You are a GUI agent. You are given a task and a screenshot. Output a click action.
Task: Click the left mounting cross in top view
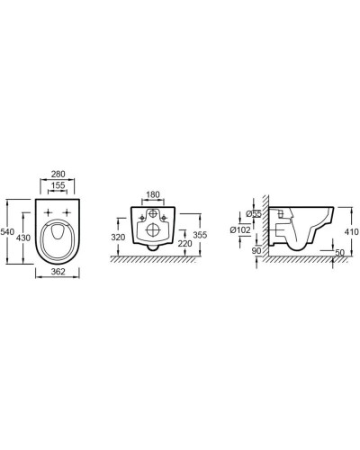47,212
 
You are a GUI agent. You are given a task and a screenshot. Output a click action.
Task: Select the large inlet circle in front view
154,216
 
